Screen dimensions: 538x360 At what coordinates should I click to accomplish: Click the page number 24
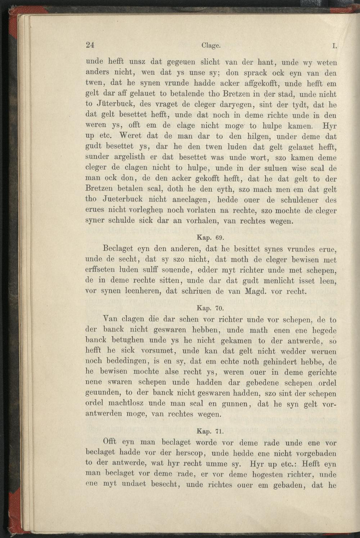(90, 45)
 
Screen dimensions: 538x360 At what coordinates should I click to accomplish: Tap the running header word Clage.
(211, 46)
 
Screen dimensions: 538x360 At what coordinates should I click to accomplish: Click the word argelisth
(138, 158)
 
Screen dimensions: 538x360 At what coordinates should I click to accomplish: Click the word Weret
(133, 136)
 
